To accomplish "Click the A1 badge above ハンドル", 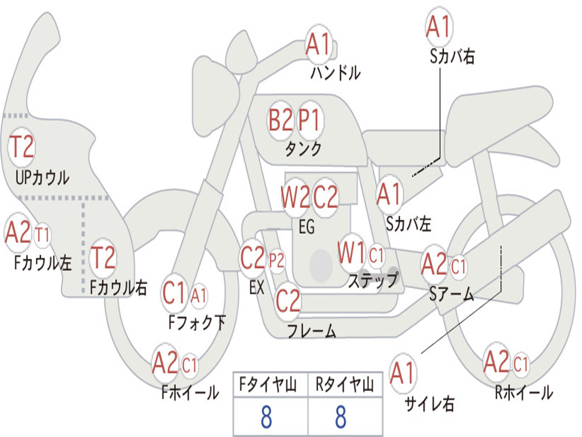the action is (x=318, y=44).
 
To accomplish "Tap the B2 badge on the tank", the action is (x=281, y=121).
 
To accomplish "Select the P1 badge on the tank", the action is (x=310, y=121).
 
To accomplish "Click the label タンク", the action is (x=303, y=149).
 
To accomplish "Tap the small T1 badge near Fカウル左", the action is (x=42, y=234).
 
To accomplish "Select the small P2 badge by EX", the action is (x=277, y=260).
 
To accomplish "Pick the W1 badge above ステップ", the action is (x=351, y=253).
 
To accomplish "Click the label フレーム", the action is (x=311, y=331).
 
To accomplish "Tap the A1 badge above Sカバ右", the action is (x=438, y=27).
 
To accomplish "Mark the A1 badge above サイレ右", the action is (x=402, y=374).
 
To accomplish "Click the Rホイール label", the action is (x=523, y=393).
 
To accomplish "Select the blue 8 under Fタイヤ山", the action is (x=266, y=417).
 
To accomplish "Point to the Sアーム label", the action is (x=452, y=294).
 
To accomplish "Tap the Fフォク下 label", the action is (x=197, y=323).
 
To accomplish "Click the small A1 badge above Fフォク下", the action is (x=199, y=295).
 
